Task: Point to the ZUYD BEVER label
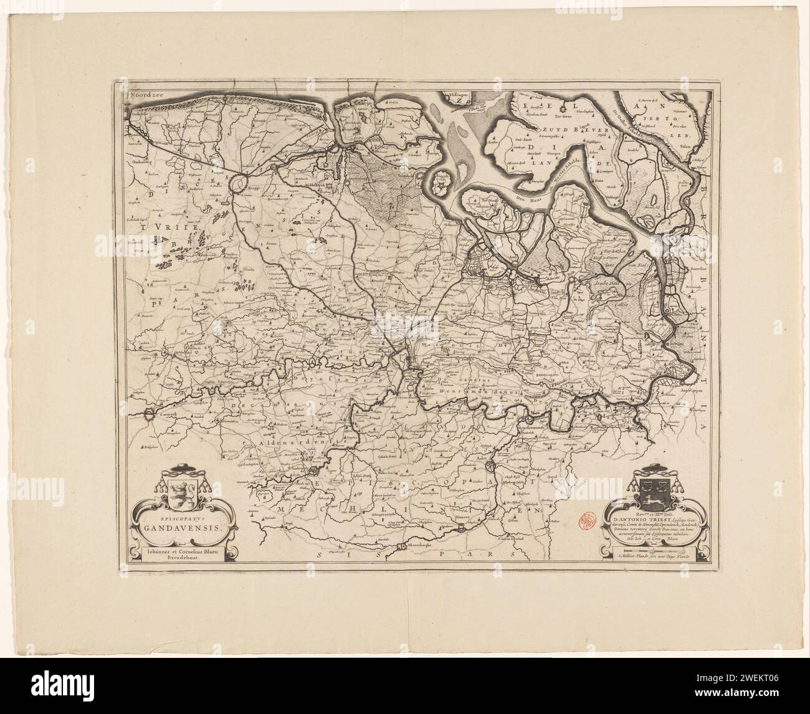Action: click(x=558, y=130)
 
